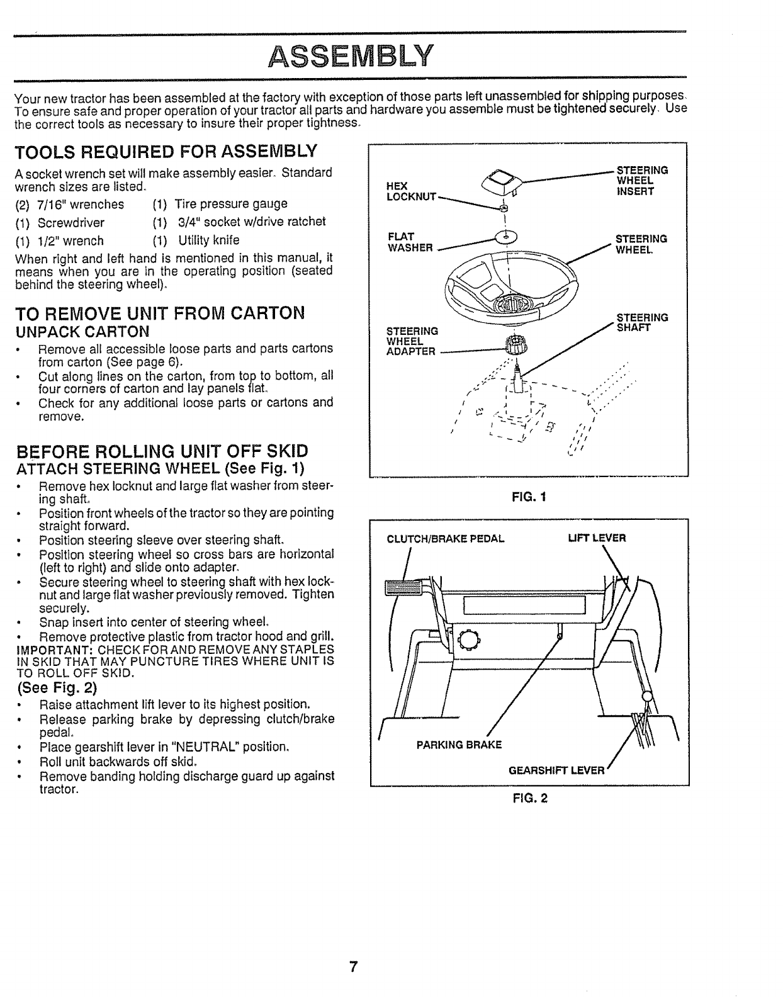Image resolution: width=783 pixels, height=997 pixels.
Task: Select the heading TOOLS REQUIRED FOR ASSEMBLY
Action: (165, 152)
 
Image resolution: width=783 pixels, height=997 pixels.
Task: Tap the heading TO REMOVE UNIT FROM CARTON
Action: (159, 313)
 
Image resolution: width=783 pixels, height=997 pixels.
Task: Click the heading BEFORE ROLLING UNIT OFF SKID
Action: (162, 451)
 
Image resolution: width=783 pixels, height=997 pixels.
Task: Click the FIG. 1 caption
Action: (529, 497)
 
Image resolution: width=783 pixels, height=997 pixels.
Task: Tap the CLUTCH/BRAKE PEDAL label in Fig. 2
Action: (446, 538)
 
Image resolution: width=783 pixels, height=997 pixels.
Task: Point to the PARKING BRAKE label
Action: (459, 745)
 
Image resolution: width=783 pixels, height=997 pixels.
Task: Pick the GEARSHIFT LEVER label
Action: (556, 770)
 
